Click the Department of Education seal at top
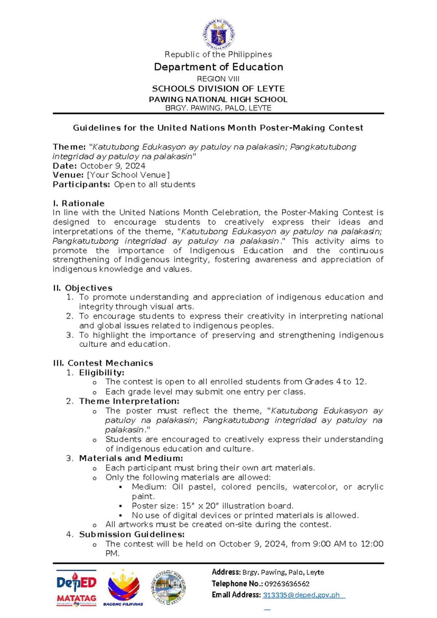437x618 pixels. (x=219, y=35)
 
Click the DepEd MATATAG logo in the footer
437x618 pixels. (x=76, y=588)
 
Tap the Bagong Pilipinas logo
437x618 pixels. (x=123, y=587)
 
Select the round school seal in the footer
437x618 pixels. (x=168, y=587)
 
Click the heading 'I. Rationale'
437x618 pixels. (x=79, y=203)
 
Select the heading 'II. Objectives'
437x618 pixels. (x=83, y=288)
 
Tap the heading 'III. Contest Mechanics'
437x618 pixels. (x=103, y=363)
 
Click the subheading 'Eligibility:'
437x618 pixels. (x=102, y=372)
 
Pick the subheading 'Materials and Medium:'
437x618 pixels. (x=131, y=458)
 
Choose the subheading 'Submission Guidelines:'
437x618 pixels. (x=131, y=534)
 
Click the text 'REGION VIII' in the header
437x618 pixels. (x=218, y=79)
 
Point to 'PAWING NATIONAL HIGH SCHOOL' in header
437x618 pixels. (x=218, y=99)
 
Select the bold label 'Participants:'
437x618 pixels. (x=81, y=184)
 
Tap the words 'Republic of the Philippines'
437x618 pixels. (x=218, y=55)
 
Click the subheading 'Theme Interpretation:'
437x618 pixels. (x=129, y=401)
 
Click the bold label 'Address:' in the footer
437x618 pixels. (x=226, y=572)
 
